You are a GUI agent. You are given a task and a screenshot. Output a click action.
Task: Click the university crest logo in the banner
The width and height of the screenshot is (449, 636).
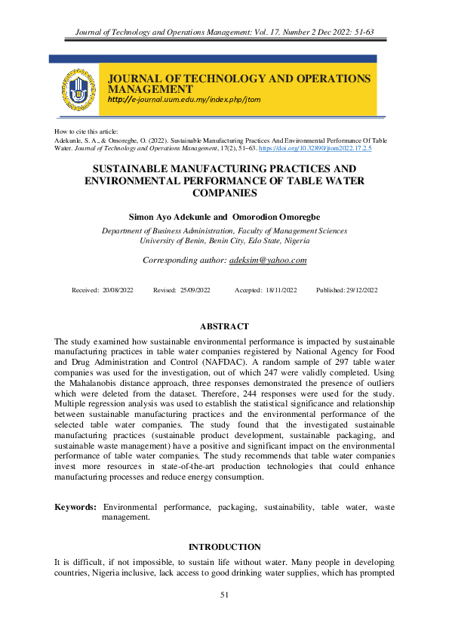point(78,89)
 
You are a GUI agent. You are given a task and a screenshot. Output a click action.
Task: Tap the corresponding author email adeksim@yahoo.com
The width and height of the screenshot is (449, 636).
point(270,260)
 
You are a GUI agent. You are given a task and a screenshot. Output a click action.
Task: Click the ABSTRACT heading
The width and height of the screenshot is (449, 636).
point(224,326)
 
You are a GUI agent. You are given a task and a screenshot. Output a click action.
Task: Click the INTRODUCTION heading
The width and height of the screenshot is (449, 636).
point(224,547)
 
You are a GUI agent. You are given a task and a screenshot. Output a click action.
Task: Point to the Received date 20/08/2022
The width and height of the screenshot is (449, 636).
point(117,291)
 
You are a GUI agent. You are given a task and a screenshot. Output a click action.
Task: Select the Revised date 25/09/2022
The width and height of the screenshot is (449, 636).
point(195,291)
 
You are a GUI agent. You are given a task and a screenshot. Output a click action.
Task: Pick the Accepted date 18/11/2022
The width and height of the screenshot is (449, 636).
point(281,291)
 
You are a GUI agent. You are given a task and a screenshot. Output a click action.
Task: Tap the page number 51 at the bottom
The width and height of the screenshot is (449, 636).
point(224,595)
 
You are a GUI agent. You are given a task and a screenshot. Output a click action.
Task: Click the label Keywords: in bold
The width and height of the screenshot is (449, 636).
point(75,507)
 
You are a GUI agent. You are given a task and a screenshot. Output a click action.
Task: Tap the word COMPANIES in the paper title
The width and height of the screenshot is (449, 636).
point(224,193)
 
